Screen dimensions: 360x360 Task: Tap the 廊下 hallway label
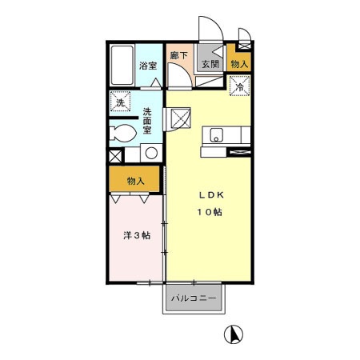click(179, 56)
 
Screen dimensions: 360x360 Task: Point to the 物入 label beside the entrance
click(239, 63)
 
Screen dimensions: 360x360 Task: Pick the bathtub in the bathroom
click(122, 66)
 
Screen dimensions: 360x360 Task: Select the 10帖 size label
click(212, 212)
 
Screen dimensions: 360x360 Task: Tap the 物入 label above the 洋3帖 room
click(135, 181)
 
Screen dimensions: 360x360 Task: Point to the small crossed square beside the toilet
click(114, 156)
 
